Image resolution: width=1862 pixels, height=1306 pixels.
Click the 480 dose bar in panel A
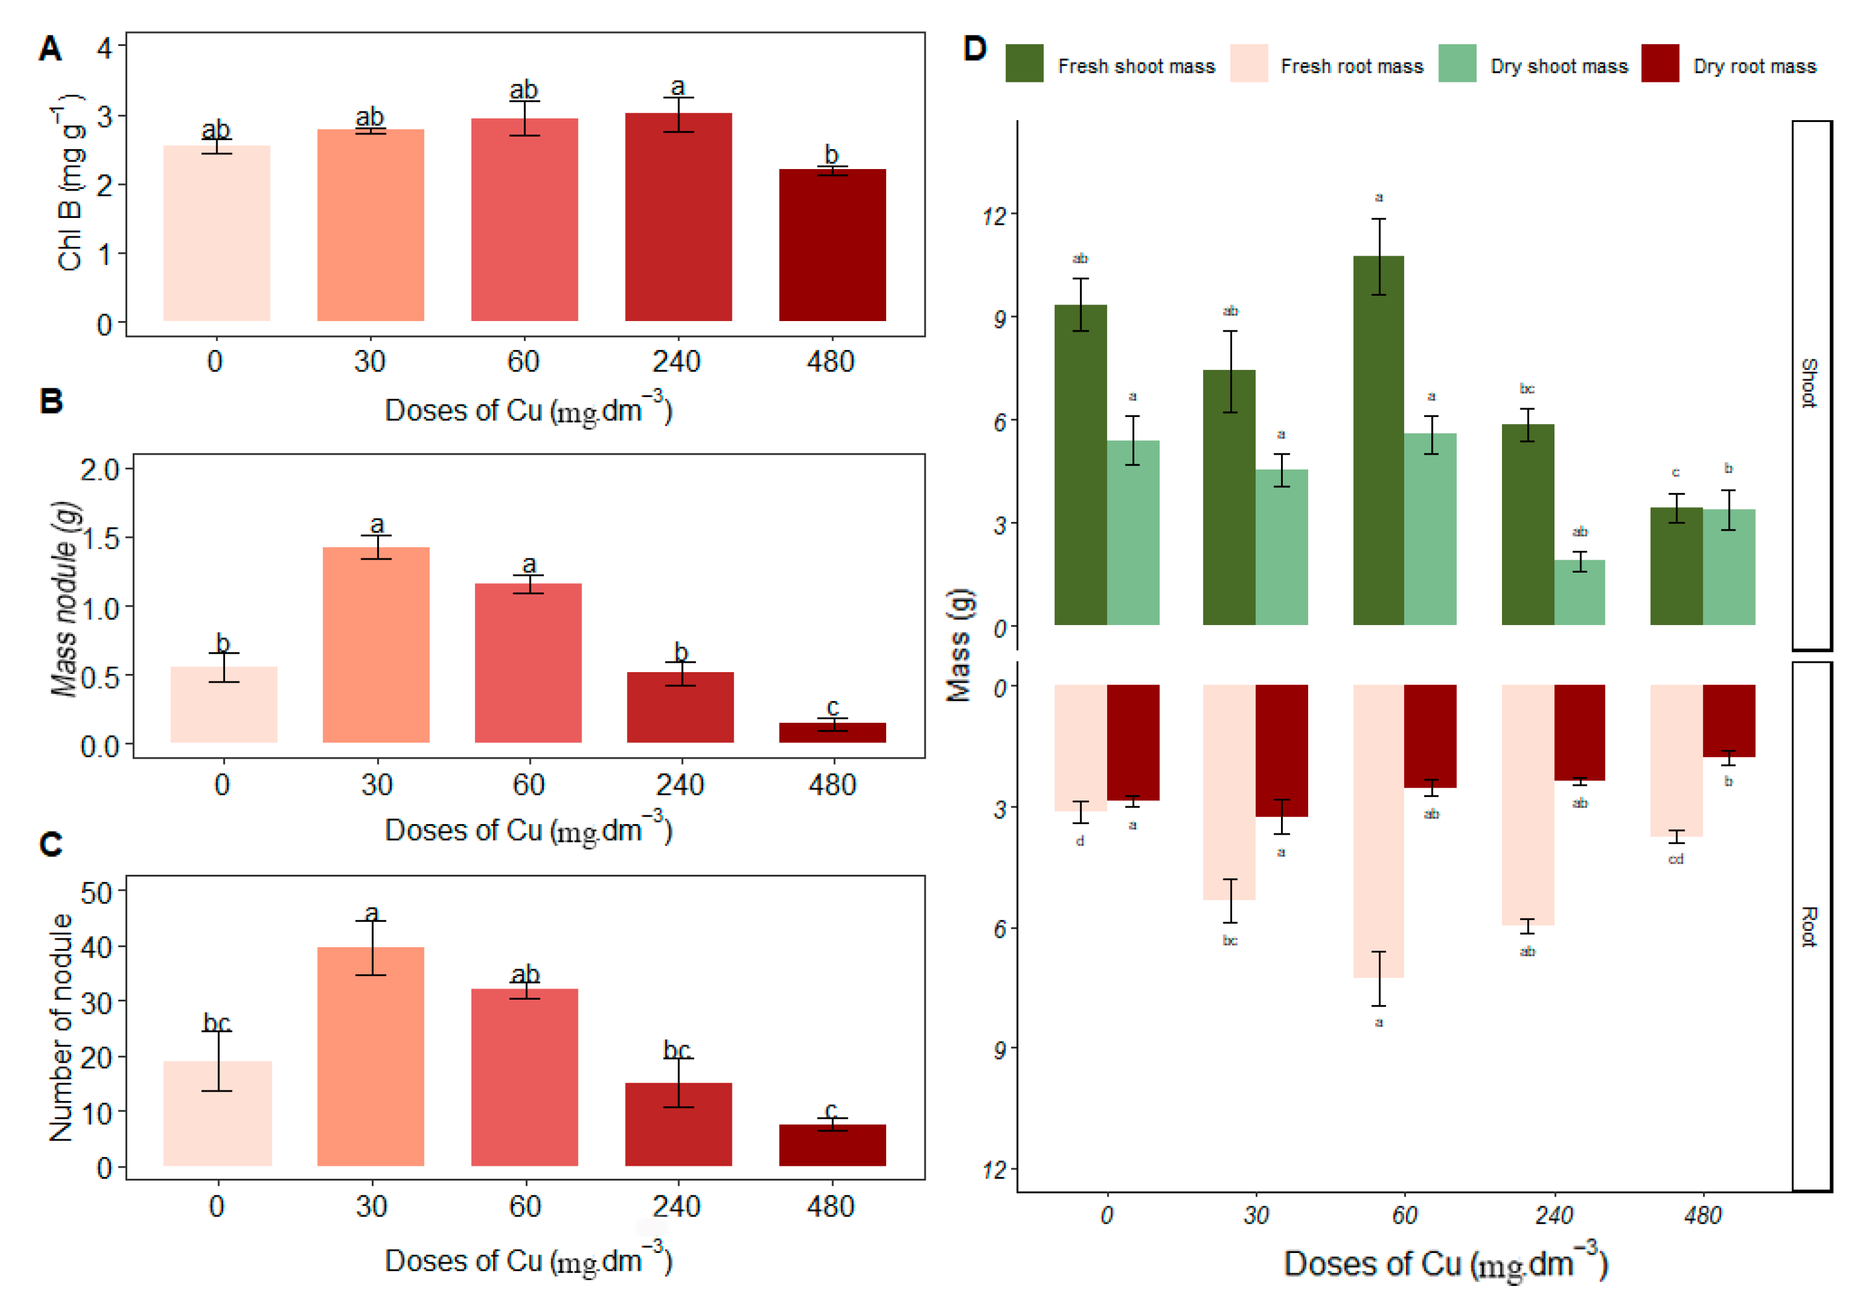pos(832,245)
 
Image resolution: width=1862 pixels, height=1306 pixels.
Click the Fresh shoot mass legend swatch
pos(1024,63)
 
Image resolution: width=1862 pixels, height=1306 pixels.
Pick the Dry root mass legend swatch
pos(1659,63)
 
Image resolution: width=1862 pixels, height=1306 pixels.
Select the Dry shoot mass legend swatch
pos(1457,63)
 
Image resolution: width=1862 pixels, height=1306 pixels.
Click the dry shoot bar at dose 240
pos(1579,592)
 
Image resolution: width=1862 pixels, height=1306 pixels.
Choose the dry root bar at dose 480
pos(1728,720)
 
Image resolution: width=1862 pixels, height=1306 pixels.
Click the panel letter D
pos(974,49)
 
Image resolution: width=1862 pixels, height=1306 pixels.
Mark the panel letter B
pos(51,401)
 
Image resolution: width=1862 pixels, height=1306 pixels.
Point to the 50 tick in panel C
pos(97,892)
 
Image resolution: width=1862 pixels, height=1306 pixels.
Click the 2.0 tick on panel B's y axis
pos(100,470)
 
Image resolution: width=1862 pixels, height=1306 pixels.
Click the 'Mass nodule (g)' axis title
pos(65,599)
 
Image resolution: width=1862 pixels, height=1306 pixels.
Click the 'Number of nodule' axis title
pos(62,1027)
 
